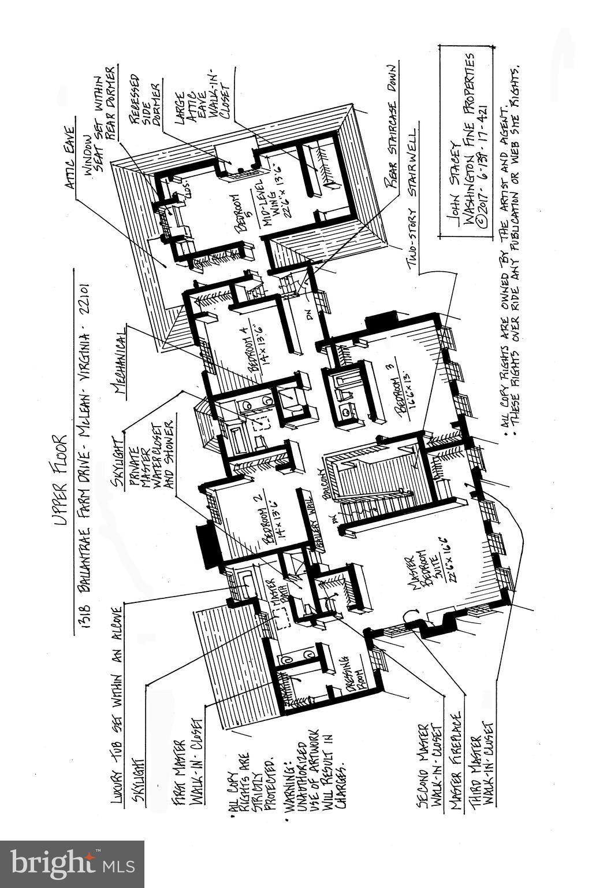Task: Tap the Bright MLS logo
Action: [72, 864]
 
